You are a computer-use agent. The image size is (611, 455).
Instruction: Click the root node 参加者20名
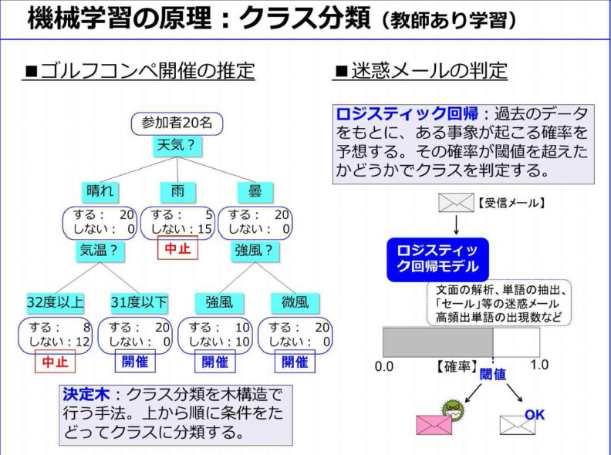[x=177, y=124]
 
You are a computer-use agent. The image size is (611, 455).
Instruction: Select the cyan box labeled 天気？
[x=177, y=146]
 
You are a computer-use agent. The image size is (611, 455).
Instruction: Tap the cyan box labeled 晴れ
[x=100, y=191]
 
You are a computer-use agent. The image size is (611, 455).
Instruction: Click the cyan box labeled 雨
[x=177, y=191]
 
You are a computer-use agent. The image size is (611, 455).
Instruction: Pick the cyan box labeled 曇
[x=255, y=191]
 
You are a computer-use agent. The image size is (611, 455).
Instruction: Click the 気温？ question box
[x=99, y=250]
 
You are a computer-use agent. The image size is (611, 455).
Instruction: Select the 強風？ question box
[x=255, y=250]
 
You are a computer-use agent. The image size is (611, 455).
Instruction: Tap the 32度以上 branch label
[x=56, y=302]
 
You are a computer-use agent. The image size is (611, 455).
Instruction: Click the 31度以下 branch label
[x=139, y=302]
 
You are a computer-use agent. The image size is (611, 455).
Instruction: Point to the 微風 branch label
[x=295, y=302]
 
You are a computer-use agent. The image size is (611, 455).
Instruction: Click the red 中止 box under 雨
[x=177, y=248]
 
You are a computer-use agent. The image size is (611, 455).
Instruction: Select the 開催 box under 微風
[x=295, y=362]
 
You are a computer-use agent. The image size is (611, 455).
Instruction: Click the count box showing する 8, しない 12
[x=55, y=335]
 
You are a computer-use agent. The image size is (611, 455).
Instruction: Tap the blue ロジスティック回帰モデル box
[x=437, y=259]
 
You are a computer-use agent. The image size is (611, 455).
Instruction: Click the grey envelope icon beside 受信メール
[x=456, y=203]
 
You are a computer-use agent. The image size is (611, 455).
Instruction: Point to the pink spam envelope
[x=434, y=425]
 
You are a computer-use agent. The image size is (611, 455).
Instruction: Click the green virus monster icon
[x=453, y=409]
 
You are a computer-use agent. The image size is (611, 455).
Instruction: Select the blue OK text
[x=535, y=415]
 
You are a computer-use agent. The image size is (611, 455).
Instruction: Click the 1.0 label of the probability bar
[x=540, y=365]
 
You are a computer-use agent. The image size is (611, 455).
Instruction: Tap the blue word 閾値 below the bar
[x=493, y=374]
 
